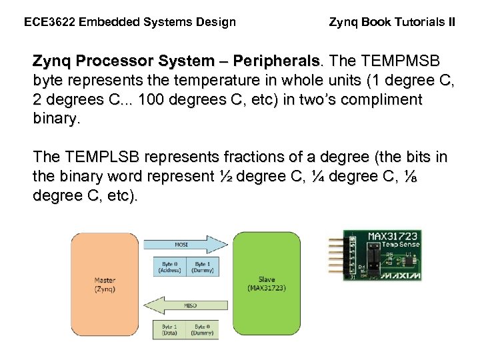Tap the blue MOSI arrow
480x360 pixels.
click(x=181, y=244)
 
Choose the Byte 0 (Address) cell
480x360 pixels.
click(x=169, y=267)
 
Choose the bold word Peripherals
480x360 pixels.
click(x=273, y=61)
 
